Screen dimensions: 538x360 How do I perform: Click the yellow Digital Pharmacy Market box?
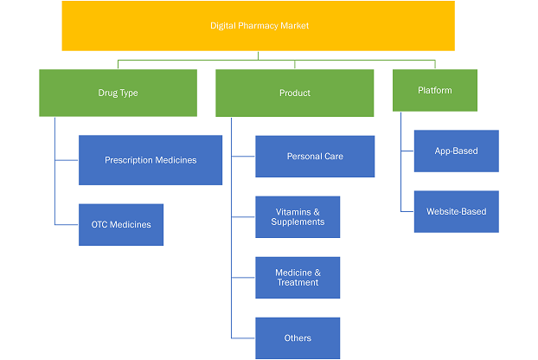pyautogui.click(x=259, y=26)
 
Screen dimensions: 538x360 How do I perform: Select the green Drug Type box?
pyautogui.click(x=118, y=93)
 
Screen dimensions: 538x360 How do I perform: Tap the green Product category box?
pyautogui.click(x=295, y=93)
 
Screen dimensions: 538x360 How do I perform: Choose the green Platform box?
pyautogui.click(x=435, y=90)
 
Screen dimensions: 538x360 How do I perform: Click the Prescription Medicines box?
pyautogui.click(x=151, y=160)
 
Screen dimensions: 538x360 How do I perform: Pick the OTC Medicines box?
pyautogui.click(x=121, y=225)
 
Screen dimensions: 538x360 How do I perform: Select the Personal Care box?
pyautogui.click(x=315, y=157)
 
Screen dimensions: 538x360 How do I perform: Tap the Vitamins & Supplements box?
pyautogui.click(x=298, y=217)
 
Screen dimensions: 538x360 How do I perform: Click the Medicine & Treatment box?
pyautogui.click(x=298, y=278)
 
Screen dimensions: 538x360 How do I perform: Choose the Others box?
pyautogui.click(x=298, y=338)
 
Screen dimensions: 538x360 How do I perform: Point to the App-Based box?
pyautogui.click(x=457, y=151)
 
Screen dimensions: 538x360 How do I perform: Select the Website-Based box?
pyautogui.click(x=457, y=211)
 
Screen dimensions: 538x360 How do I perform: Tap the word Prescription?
pyautogui.click(x=129, y=160)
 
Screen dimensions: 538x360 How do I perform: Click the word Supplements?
pyautogui.click(x=298, y=222)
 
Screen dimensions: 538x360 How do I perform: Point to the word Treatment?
pyautogui.click(x=298, y=282)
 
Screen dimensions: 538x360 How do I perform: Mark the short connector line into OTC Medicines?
pyautogui.click(x=67, y=225)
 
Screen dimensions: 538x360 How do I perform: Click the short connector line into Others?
pyautogui.click(x=243, y=338)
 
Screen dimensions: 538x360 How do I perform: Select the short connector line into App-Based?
pyautogui.click(x=407, y=151)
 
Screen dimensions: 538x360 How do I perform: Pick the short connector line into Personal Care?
pyautogui.click(x=243, y=157)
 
